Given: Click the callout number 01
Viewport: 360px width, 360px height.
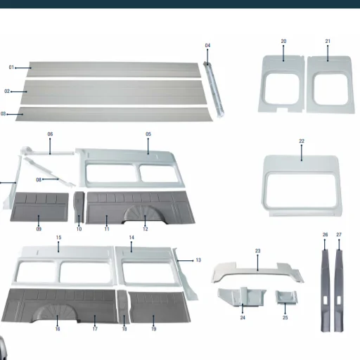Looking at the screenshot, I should point(11,67).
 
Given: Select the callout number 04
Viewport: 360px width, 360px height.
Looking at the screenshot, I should point(207,46).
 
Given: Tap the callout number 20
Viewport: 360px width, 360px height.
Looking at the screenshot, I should point(283,41).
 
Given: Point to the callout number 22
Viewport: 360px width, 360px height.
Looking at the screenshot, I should point(302,141).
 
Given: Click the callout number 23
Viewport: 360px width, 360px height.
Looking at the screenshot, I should point(257,251).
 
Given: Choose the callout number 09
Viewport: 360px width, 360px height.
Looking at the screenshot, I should point(39,229).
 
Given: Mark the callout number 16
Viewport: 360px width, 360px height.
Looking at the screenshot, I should point(58,328).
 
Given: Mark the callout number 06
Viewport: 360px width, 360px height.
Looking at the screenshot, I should point(50,134).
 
